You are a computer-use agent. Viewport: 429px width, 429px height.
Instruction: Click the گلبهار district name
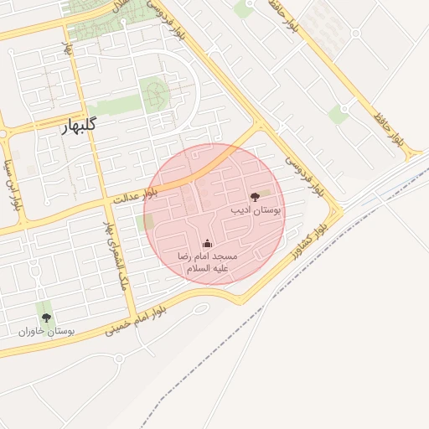coord(80,127)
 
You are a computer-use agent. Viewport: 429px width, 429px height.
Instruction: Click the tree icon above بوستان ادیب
coord(256,197)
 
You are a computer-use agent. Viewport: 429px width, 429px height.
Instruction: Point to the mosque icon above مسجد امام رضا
coord(207,244)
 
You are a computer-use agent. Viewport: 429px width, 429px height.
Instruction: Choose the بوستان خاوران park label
coord(47,332)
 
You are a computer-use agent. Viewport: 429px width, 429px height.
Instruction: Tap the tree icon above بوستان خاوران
coord(46,318)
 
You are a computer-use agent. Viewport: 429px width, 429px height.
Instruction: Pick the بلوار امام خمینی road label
coord(135,322)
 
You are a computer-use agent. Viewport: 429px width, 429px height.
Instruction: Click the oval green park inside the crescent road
coord(154,94)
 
